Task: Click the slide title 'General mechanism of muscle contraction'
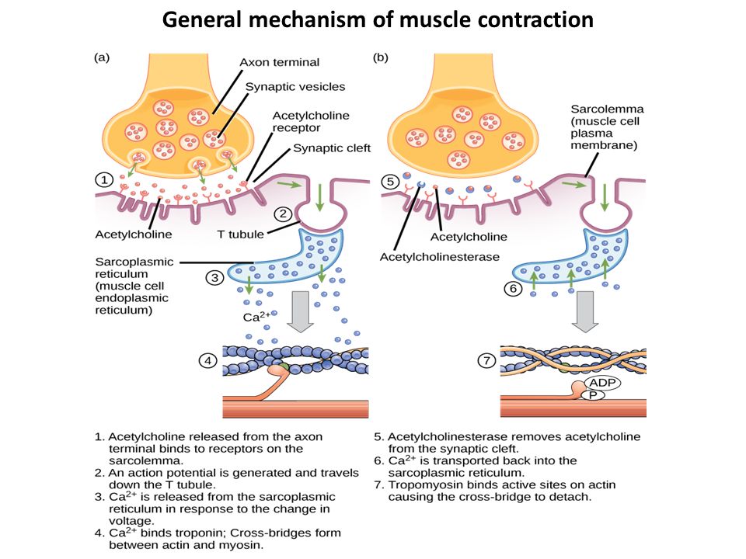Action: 377,19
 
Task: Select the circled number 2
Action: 282,214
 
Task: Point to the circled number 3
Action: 214,277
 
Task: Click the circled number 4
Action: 205,361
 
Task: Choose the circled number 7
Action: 484,361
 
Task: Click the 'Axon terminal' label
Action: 279,62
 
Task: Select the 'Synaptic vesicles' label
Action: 295,86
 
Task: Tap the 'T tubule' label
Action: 241,234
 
